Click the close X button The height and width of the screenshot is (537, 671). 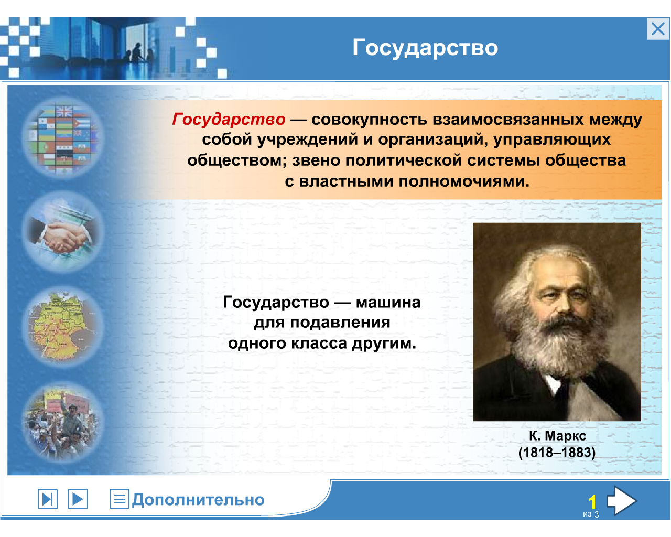pos(658,29)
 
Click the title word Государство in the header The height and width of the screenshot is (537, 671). pos(425,48)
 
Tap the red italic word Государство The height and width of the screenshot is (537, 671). pos(229,119)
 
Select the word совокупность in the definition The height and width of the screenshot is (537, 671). pos(369,120)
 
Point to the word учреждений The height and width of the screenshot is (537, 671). pos(307,139)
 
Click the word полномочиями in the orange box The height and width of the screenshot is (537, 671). pos(464,181)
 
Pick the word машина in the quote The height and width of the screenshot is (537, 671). pos(388,303)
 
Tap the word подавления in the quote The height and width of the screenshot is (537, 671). pos(340,323)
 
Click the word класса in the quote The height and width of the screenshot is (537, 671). pos(319,343)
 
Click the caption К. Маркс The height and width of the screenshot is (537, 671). pos(557,436)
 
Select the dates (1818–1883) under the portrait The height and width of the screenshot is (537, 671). pos(557,453)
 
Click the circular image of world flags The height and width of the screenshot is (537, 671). pos(63,138)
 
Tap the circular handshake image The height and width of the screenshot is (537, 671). pos(63,232)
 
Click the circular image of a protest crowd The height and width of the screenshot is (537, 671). pos(63,422)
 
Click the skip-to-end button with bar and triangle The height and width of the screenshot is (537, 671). pos(48,499)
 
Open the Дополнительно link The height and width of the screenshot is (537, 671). pos(198,500)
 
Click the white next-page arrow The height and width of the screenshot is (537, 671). pos(622,500)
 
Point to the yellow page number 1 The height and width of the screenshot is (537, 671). pos(592,502)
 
